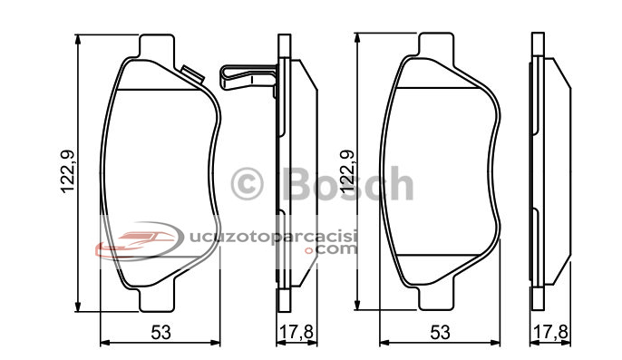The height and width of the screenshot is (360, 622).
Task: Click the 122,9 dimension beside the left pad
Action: click(67, 172)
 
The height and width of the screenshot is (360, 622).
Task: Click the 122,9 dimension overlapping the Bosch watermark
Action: click(345, 172)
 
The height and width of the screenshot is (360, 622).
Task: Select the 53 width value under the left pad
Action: click(160, 332)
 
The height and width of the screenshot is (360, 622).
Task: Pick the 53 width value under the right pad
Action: click(440, 332)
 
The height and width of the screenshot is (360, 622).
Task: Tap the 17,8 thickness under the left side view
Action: click(296, 332)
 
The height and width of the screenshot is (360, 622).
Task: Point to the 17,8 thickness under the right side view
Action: click(551, 332)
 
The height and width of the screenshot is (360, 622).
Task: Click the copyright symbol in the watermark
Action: click(247, 184)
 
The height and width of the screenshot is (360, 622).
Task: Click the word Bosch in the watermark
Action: click(347, 183)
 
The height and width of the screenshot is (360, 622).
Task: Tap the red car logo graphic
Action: click(139, 241)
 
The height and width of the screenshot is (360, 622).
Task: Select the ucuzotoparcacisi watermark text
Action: click(274, 236)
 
